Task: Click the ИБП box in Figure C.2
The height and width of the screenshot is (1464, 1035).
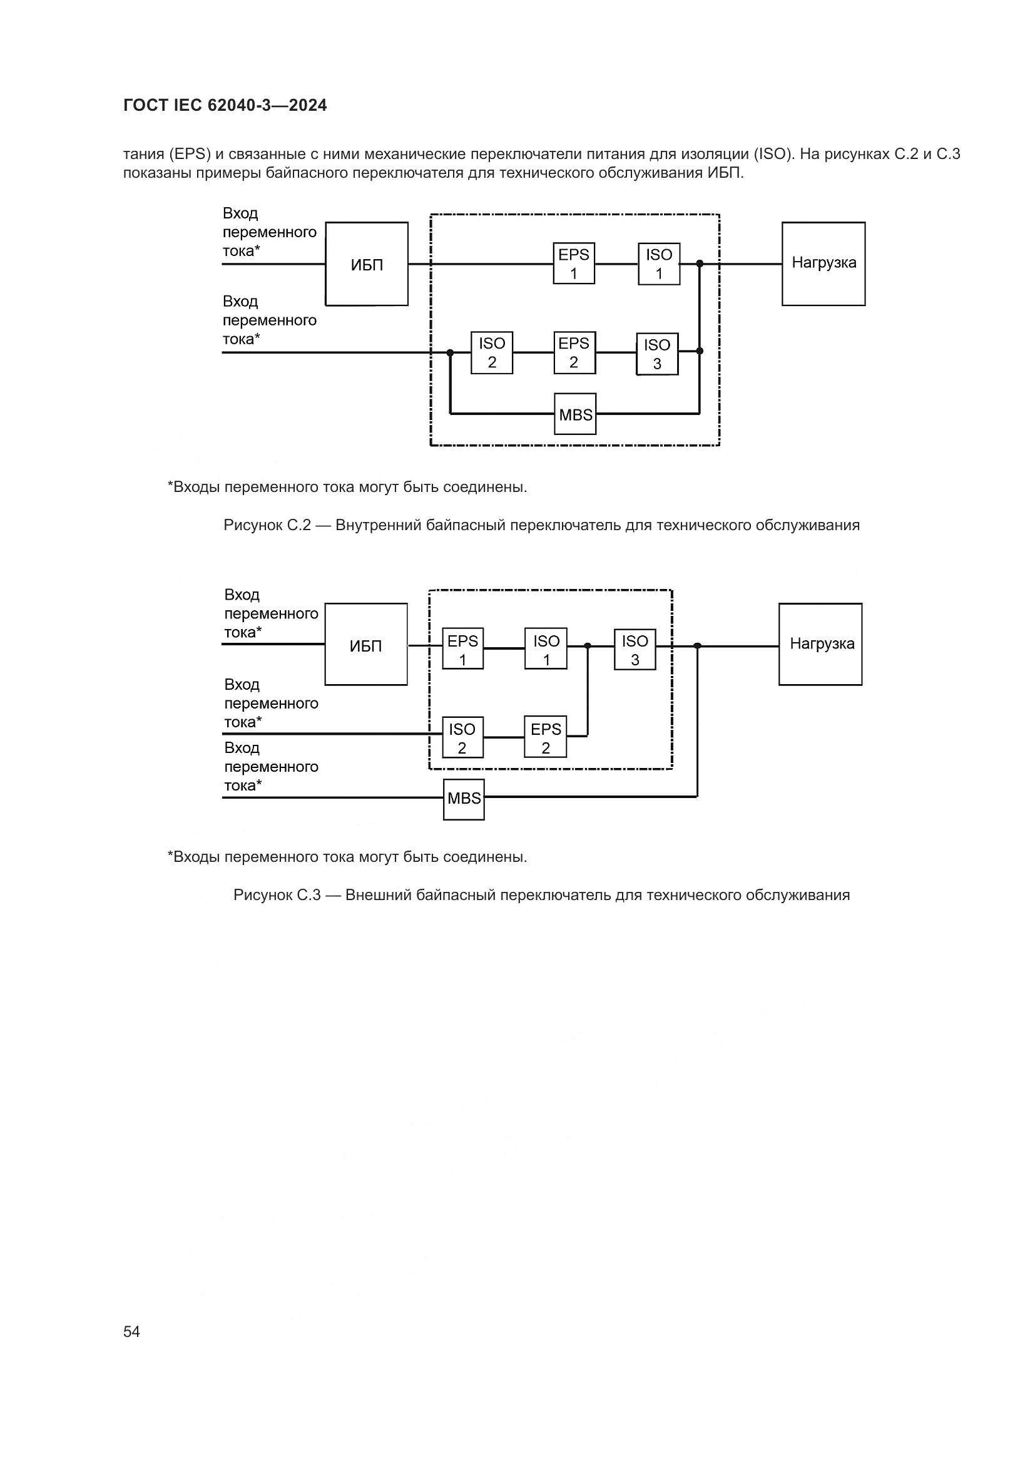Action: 367,264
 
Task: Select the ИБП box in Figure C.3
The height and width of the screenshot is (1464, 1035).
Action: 366,645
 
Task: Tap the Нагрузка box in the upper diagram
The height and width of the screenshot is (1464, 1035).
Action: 823,264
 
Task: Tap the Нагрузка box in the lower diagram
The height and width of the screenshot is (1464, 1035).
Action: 820,645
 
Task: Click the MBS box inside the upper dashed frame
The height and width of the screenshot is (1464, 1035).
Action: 575,414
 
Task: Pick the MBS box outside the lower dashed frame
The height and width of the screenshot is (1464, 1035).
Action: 464,799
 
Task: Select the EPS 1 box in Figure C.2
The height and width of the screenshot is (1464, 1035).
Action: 574,264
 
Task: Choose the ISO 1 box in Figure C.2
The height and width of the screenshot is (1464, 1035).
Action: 659,264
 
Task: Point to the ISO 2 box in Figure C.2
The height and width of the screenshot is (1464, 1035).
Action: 491,352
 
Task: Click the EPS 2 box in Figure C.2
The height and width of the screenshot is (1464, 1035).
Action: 574,352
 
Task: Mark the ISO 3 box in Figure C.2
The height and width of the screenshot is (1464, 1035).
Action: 657,354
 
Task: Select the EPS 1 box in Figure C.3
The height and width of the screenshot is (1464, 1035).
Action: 462,649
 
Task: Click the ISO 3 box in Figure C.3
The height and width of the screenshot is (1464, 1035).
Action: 635,649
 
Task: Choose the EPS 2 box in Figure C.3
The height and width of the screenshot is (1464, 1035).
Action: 546,737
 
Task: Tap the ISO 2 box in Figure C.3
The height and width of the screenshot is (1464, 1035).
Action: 462,737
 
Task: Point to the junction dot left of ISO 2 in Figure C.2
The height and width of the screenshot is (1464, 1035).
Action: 450,352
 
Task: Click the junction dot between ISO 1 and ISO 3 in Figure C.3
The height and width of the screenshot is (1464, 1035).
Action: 588,646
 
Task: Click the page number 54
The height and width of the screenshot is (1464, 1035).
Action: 131,1331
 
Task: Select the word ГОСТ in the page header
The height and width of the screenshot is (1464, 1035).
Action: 145,106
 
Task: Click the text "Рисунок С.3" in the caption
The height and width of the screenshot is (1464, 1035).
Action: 277,895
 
